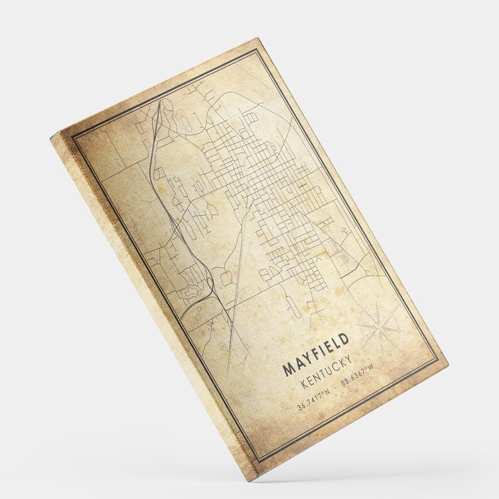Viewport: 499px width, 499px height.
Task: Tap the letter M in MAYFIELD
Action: (290, 370)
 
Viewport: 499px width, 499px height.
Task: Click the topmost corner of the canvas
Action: (258, 38)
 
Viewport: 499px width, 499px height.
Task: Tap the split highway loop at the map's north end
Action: (165, 113)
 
